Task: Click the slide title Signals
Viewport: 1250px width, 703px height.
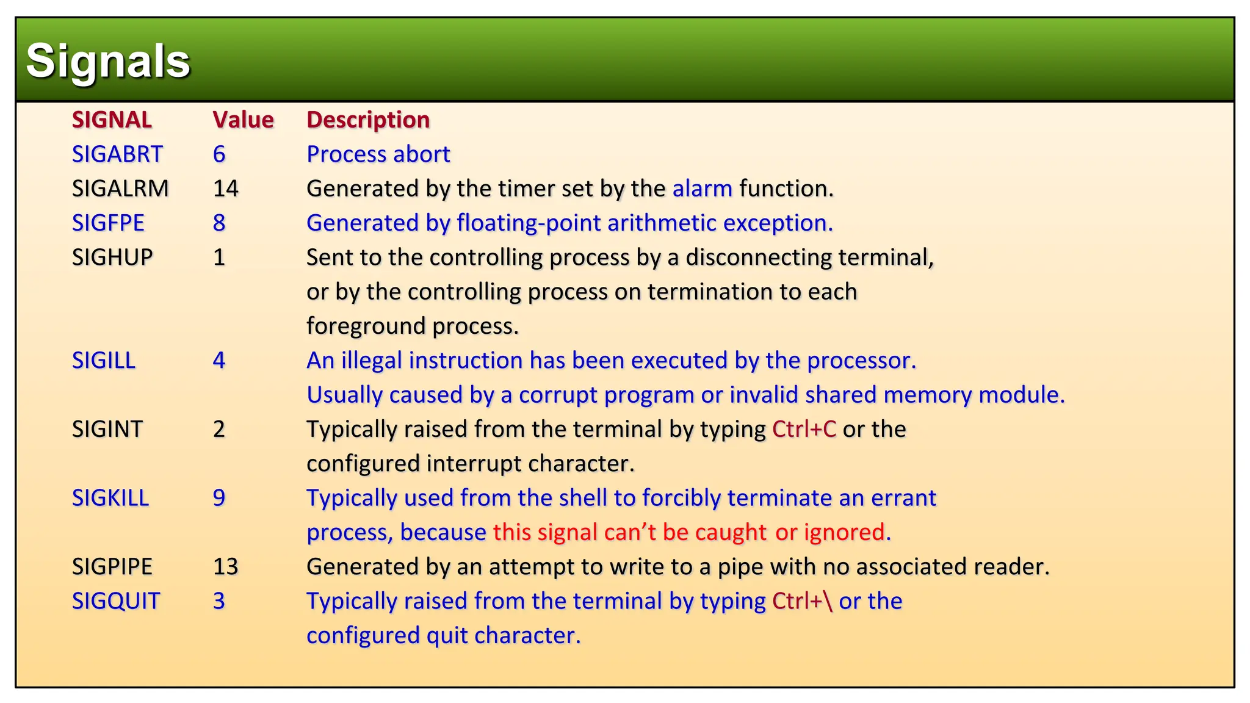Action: pyautogui.click(x=108, y=61)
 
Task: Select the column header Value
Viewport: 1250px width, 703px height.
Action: pyautogui.click(x=243, y=120)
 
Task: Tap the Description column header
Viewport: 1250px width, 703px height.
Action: pyautogui.click(x=368, y=120)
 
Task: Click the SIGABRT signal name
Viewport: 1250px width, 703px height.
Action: pyautogui.click(x=117, y=154)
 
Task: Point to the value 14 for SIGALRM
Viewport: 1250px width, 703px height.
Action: pyautogui.click(x=225, y=189)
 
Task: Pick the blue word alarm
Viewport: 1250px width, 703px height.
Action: pyautogui.click(x=702, y=189)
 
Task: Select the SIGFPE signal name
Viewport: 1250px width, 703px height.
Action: pyautogui.click(x=108, y=223)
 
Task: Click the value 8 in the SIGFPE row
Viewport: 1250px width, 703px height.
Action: pyautogui.click(x=219, y=223)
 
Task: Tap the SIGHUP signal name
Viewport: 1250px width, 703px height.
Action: pyautogui.click(x=112, y=258)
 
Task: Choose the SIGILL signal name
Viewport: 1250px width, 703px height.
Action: pyautogui.click(x=104, y=361)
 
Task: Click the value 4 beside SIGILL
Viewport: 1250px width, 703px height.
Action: pyautogui.click(x=219, y=361)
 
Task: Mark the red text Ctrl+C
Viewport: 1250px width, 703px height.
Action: pyautogui.click(x=804, y=430)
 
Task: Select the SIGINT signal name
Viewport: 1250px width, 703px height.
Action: pyautogui.click(x=107, y=430)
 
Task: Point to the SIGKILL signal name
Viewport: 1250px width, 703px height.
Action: pyautogui.click(x=110, y=498)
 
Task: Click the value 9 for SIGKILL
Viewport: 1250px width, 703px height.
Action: pyautogui.click(x=219, y=498)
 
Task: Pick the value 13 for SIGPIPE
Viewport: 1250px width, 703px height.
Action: pyautogui.click(x=225, y=567)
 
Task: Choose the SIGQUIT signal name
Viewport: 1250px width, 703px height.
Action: pyautogui.click(x=116, y=601)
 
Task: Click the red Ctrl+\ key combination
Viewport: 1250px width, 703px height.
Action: pyautogui.click(x=802, y=601)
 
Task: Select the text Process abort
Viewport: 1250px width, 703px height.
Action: pyautogui.click(x=378, y=154)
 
